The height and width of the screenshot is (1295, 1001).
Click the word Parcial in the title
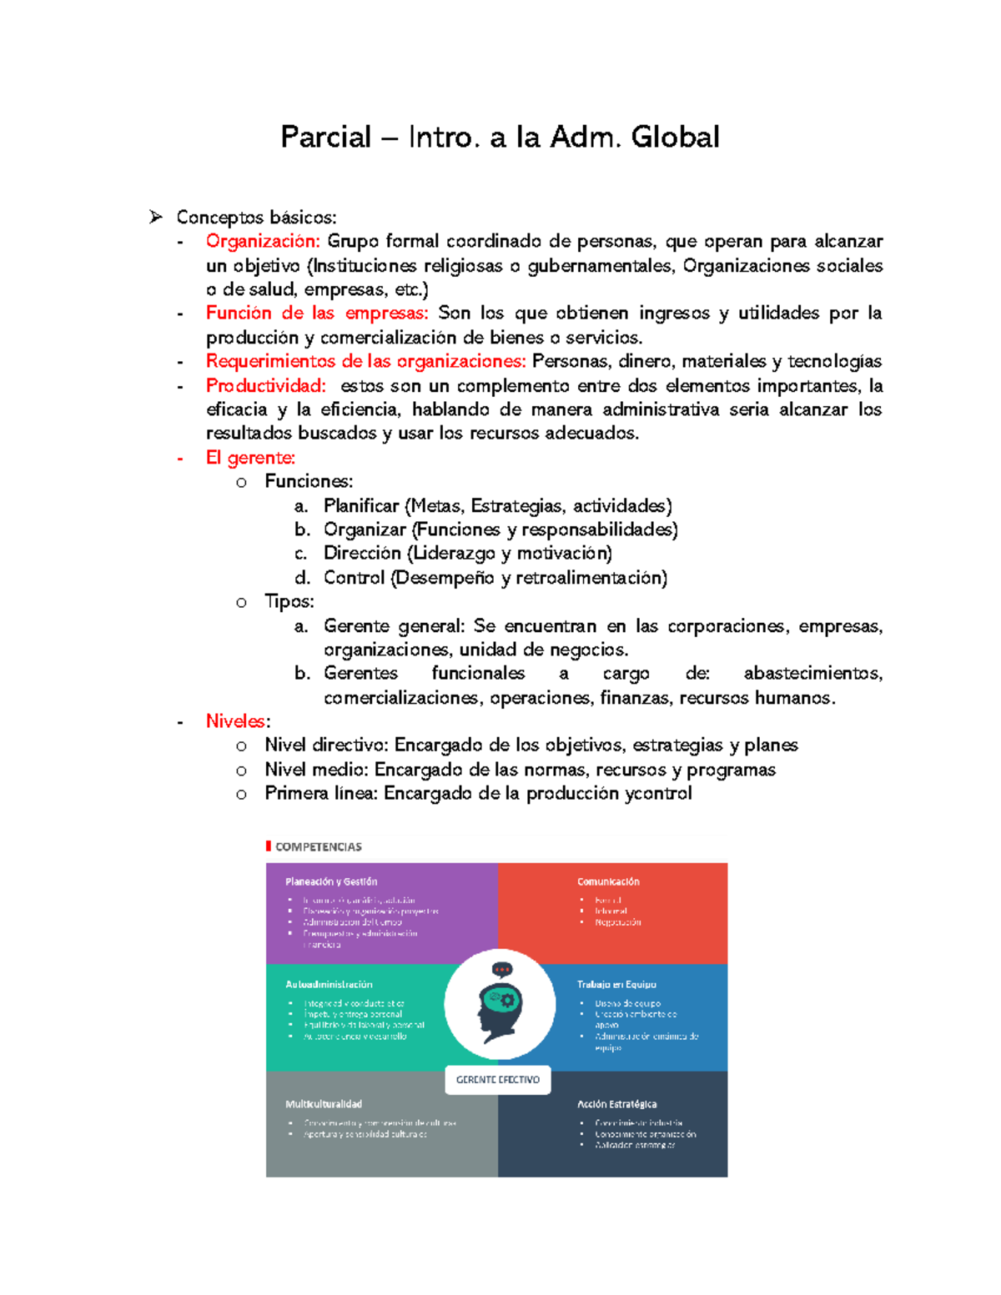(x=325, y=137)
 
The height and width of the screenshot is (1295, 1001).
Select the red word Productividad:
(x=266, y=385)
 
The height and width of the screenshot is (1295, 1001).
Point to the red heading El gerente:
(x=250, y=458)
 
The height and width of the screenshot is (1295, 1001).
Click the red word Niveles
(x=236, y=721)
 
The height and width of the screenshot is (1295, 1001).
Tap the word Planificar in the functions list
(x=361, y=506)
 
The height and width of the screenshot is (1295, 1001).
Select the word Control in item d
(x=354, y=578)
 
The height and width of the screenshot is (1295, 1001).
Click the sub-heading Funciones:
(x=309, y=481)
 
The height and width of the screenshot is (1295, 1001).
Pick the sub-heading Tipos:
(x=289, y=601)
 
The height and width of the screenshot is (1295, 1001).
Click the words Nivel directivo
(x=326, y=745)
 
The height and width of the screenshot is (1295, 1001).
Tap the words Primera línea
(x=321, y=793)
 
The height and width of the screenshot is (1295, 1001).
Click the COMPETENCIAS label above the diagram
(x=318, y=846)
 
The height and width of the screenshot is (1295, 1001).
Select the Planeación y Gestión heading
(x=331, y=881)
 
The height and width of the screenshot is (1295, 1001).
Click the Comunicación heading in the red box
(x=608, y=881)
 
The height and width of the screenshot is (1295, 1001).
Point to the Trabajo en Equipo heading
(x=616, y=984)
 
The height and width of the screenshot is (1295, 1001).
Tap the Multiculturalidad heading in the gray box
(x=324, y=1104)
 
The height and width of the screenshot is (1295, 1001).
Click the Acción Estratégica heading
(x=616, y=1104)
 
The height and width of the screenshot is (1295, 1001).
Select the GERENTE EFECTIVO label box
(x=498, y=1079)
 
